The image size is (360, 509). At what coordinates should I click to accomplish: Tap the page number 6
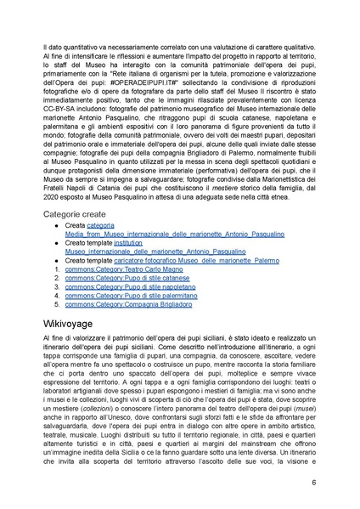314,483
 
